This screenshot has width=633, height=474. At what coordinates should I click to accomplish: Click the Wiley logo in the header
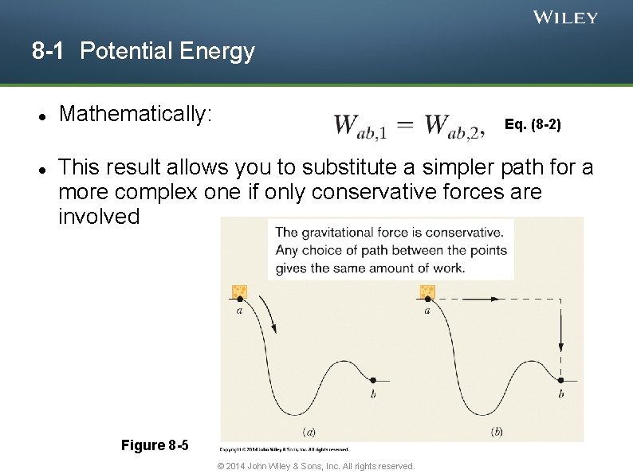565,18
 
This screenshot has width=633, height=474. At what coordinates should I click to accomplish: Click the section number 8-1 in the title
48,52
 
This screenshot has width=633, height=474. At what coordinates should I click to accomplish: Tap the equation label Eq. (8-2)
533,125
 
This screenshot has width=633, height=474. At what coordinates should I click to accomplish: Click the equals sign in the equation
405,125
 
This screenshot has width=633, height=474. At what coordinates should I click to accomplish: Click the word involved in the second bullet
99,216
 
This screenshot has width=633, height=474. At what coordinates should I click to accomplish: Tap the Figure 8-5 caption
155,445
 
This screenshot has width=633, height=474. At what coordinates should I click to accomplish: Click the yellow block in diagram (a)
239,292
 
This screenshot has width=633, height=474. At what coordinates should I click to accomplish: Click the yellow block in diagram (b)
427,292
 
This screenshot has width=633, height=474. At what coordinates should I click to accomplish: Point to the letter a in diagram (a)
239,311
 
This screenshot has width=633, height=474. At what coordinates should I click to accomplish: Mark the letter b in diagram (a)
373,394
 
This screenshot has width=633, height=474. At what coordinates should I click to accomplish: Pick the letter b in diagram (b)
561,394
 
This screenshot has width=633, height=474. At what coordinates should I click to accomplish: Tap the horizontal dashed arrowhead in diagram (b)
497,299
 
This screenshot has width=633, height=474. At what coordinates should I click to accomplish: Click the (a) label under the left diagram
309,432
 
